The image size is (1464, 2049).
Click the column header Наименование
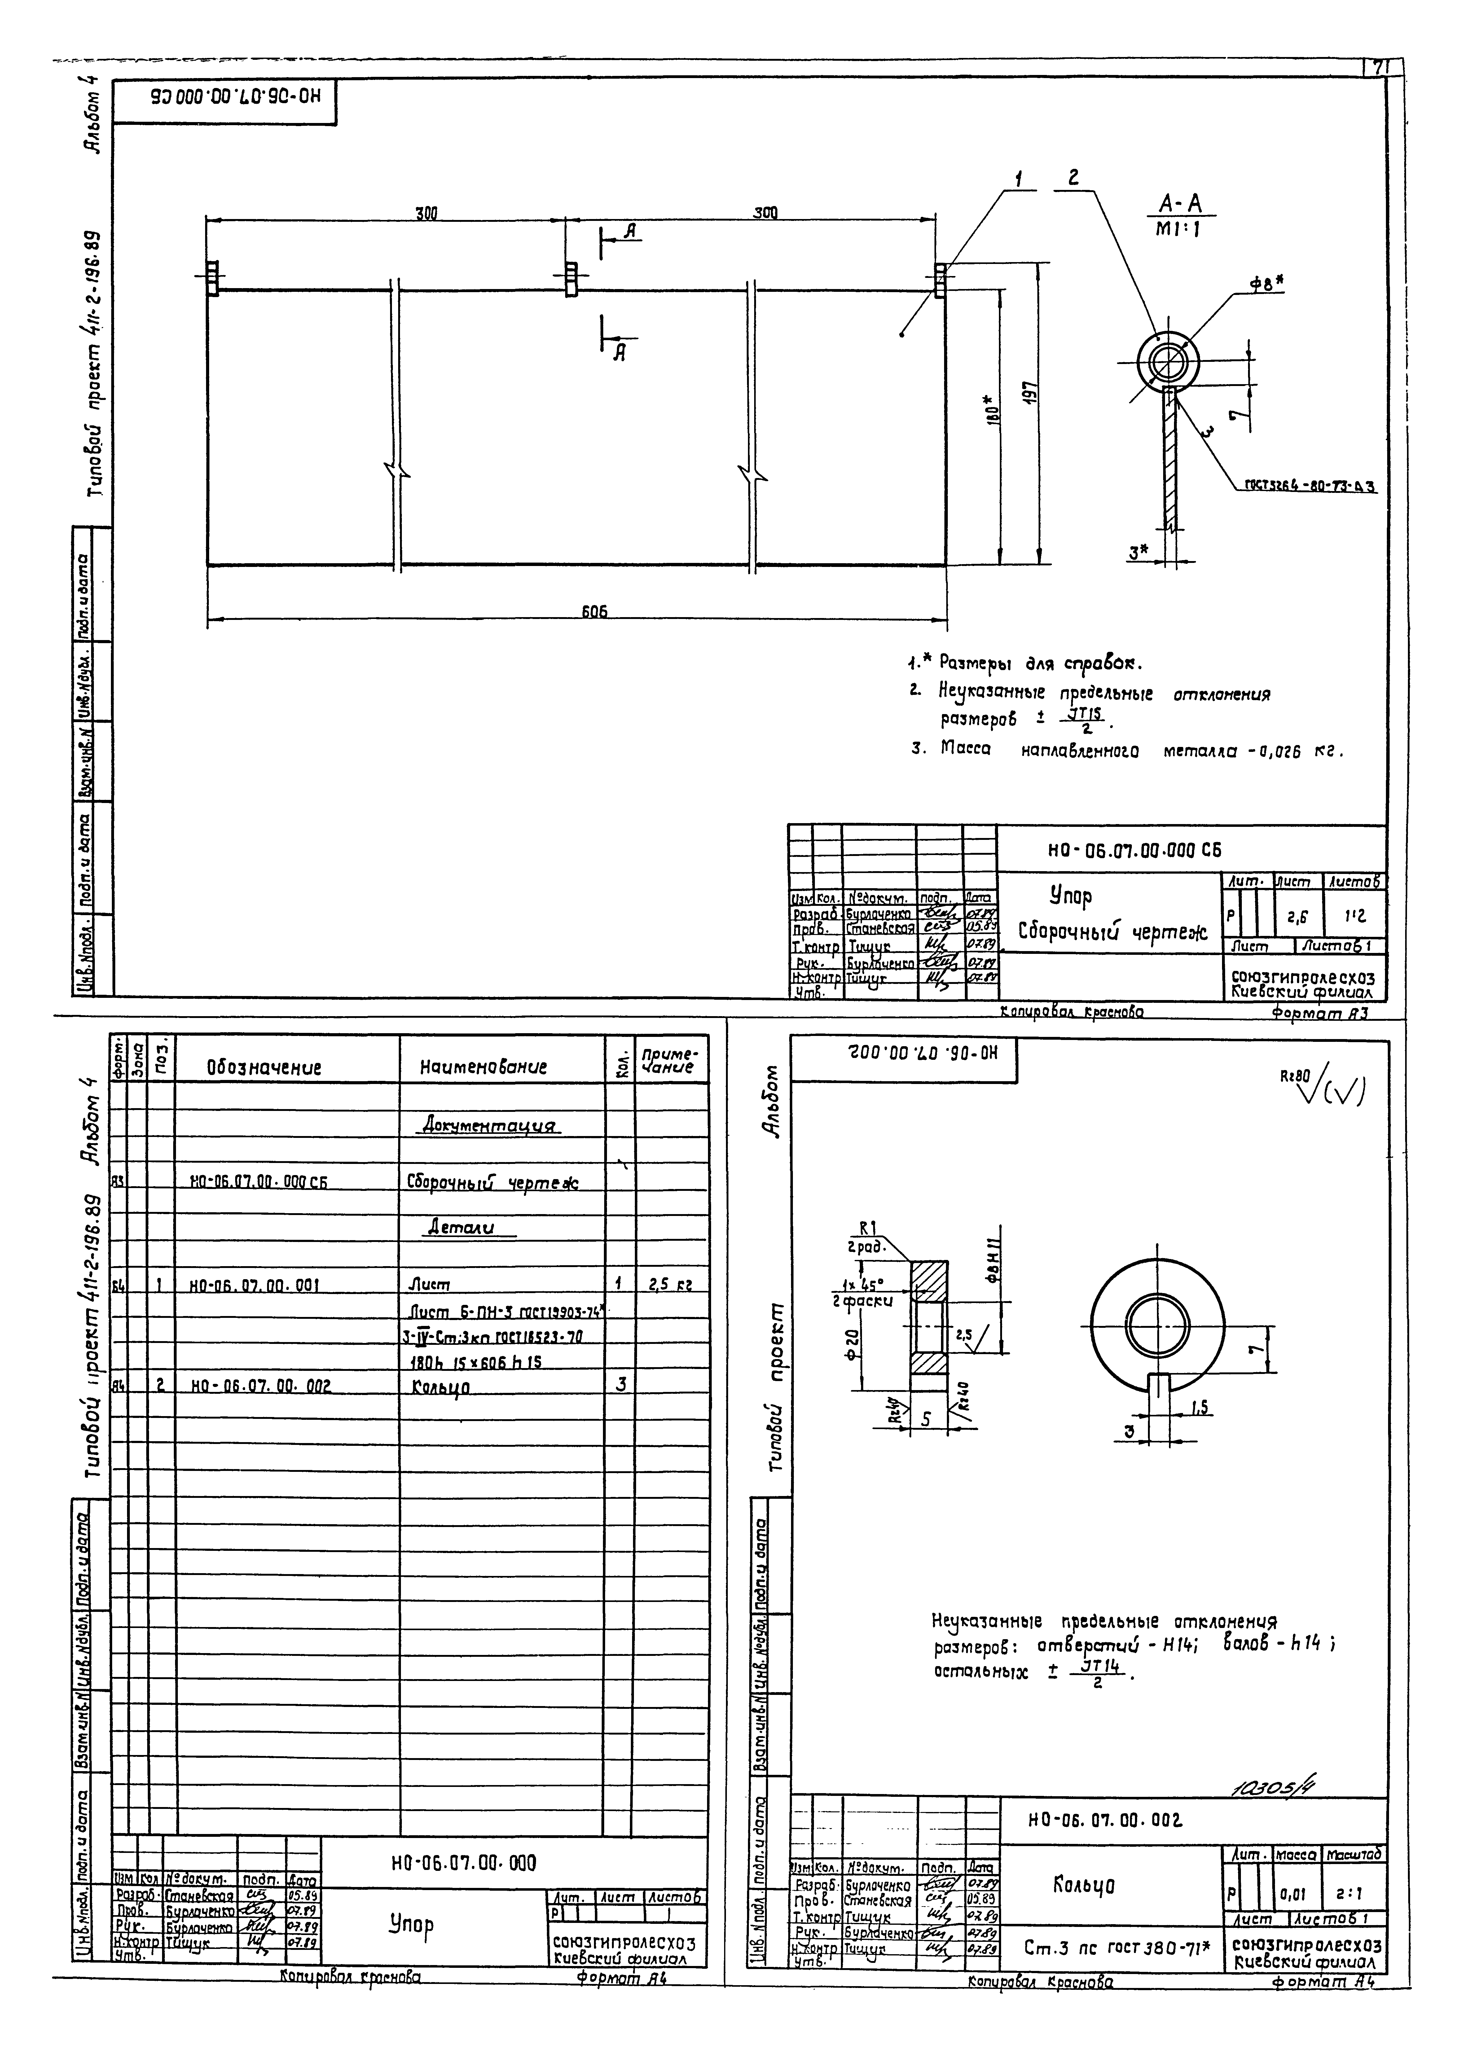click(483, 1068)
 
